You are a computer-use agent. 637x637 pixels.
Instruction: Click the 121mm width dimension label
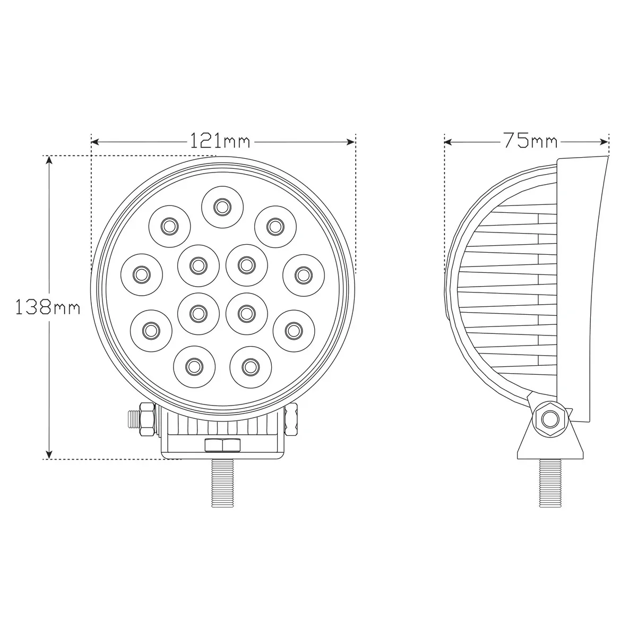[x=219, y=141]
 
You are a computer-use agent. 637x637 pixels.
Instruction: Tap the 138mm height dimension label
[x=48, y=307]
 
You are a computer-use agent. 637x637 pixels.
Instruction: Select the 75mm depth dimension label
[x=530, y=141]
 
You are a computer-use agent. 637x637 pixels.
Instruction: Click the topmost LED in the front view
[x=222, y=207]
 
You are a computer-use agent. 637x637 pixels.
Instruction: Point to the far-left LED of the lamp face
[x=142, y=274]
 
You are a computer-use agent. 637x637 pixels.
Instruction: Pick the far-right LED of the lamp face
[x=304, y=274]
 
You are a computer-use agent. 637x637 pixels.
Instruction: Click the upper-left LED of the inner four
[x=199, y=265]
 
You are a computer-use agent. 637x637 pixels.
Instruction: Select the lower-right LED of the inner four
[x=247, y=313]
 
